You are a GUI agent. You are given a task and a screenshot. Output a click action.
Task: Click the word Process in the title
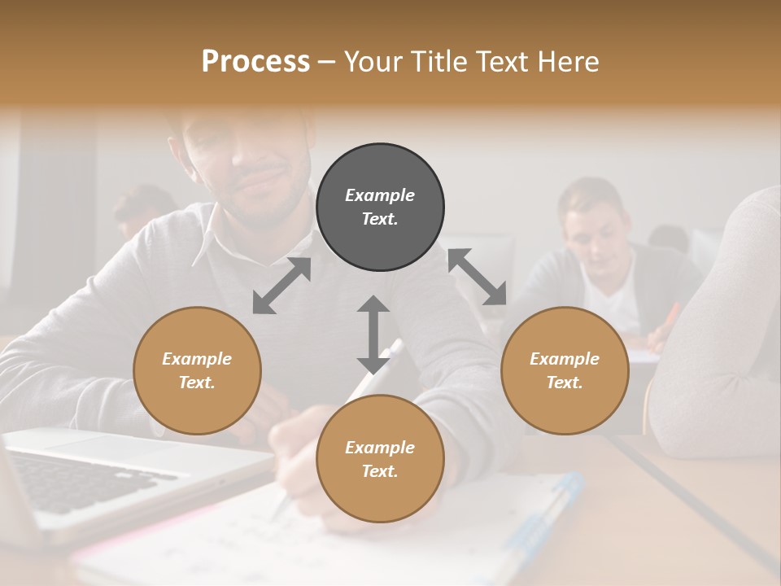point(255,62)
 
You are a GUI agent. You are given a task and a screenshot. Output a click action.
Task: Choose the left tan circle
point(197,370)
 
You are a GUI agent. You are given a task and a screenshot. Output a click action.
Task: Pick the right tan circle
point(565,370)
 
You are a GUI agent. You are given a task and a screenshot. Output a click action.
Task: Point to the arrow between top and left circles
point(281,286)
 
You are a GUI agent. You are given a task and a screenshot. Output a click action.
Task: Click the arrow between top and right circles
point(478,277)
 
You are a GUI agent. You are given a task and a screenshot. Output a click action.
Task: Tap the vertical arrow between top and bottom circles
point(373,335)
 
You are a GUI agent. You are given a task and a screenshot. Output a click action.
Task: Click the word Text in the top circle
point(380,219)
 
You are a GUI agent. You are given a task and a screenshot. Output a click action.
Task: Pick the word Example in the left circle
point(197,359)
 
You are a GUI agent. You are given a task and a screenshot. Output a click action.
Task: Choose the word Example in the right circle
point(565,359)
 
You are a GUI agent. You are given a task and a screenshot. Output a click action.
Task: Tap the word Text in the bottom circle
point(380,471)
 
